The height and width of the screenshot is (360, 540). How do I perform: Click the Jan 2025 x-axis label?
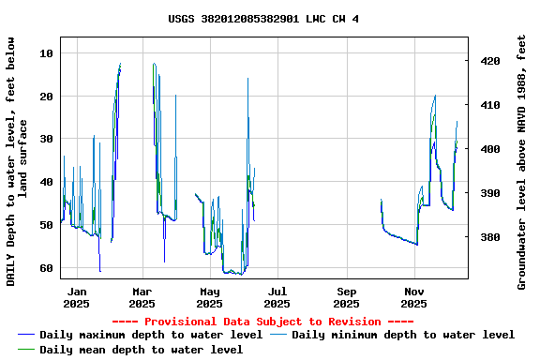76,297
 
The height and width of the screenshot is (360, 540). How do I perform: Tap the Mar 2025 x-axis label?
142,297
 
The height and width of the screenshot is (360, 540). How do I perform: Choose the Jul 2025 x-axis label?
277,297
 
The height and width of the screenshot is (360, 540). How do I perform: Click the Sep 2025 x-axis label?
346,297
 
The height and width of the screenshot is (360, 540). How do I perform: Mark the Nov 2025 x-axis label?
413,297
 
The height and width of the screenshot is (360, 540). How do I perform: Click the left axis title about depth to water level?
17,161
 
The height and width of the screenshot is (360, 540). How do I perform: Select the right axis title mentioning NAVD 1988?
522,161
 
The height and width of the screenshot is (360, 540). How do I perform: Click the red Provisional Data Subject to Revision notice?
269,322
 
